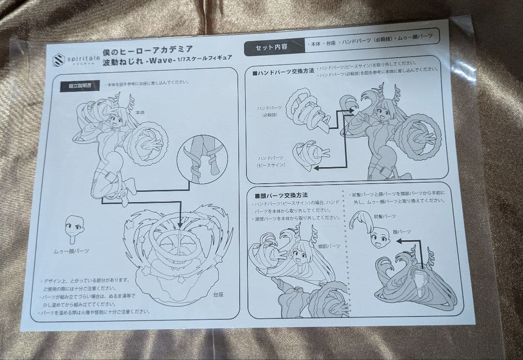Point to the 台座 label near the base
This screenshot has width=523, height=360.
point(218,294)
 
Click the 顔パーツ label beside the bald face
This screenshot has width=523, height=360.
point(401,232)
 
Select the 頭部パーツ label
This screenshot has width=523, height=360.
point(332,246)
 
